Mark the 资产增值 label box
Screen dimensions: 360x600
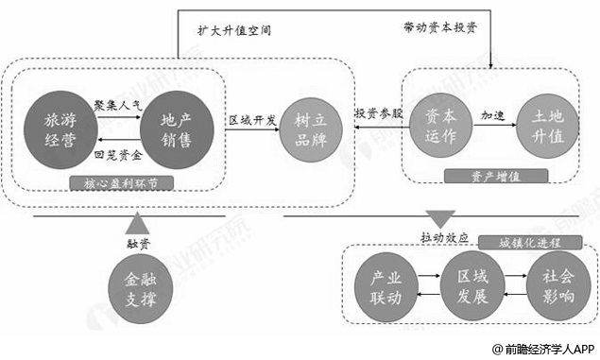[x=497, y=176]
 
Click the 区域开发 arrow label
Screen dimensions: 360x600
[x=252, y=120]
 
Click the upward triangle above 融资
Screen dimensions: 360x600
[x=136, y=224]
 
